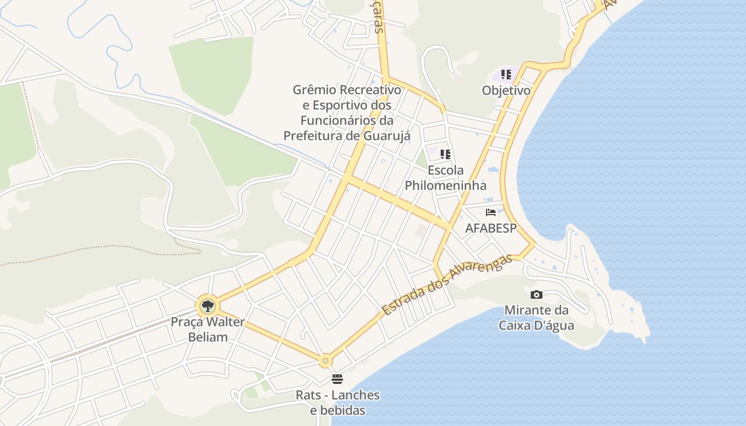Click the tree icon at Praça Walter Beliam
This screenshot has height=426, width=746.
(207, 306)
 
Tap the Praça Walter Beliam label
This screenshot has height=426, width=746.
(208, 329)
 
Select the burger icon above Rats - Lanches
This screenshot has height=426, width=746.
(337, 379)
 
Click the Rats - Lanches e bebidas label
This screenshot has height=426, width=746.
(338, 403)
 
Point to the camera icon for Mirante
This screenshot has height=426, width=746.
(537, 294)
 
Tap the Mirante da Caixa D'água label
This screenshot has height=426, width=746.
(537, 317)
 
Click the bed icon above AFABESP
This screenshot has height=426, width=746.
(491, 212)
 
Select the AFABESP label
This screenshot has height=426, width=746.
(491, 228)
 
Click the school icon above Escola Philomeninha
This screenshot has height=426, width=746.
(445, 154)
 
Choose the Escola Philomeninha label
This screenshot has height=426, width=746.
(445, 178)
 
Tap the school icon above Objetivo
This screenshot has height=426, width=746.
(506, 75)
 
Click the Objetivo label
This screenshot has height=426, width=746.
(506, 91)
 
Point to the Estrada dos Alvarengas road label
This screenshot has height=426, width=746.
(447, 284)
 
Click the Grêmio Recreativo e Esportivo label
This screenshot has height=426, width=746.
(346, 112)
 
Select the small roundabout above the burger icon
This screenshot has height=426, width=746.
(326, 361)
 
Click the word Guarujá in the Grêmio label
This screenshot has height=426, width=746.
(387, 136)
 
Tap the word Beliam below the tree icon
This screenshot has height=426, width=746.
(208, 337)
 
